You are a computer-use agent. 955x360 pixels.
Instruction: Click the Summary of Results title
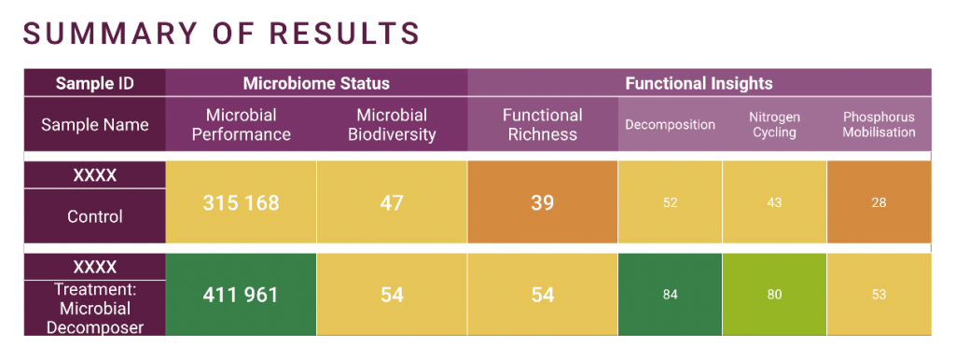(x=222, y=34)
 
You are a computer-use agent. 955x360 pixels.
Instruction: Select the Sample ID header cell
(x=95, y=83)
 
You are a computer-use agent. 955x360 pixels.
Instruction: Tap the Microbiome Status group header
(x=316, y=83)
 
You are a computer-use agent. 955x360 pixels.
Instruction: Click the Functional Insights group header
(x=699, y=83)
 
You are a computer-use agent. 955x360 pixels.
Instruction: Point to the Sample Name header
(x=95, y=124)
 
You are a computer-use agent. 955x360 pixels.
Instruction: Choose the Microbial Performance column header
(x=242, y=124)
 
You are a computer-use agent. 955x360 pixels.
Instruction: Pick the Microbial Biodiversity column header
(x=392, y=124)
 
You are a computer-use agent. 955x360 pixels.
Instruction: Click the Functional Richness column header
(x=542, y=124)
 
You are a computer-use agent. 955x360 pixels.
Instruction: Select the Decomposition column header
(x=670, y=124)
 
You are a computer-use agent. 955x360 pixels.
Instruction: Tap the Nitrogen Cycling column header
(x=775, y=124)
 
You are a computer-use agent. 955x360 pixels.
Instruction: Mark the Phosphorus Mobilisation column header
(x=879, y=124)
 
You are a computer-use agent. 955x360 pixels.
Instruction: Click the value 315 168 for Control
(x=242, y=202)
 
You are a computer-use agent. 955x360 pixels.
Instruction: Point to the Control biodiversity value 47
(x=392, y=202)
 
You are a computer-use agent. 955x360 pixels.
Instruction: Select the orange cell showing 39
(x=542, y=202)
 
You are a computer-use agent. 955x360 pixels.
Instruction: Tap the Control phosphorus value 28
(x=879, y=202)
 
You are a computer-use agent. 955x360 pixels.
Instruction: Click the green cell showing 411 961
(x=242, y=294)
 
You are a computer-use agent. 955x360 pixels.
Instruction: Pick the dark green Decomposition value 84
(x=670, y=295)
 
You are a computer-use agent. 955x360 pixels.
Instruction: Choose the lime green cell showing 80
(x=775, y=295)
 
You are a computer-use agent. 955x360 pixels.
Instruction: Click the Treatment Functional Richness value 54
(x=542, y=295)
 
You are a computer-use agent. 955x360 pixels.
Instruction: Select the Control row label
(x=95, y=216)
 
